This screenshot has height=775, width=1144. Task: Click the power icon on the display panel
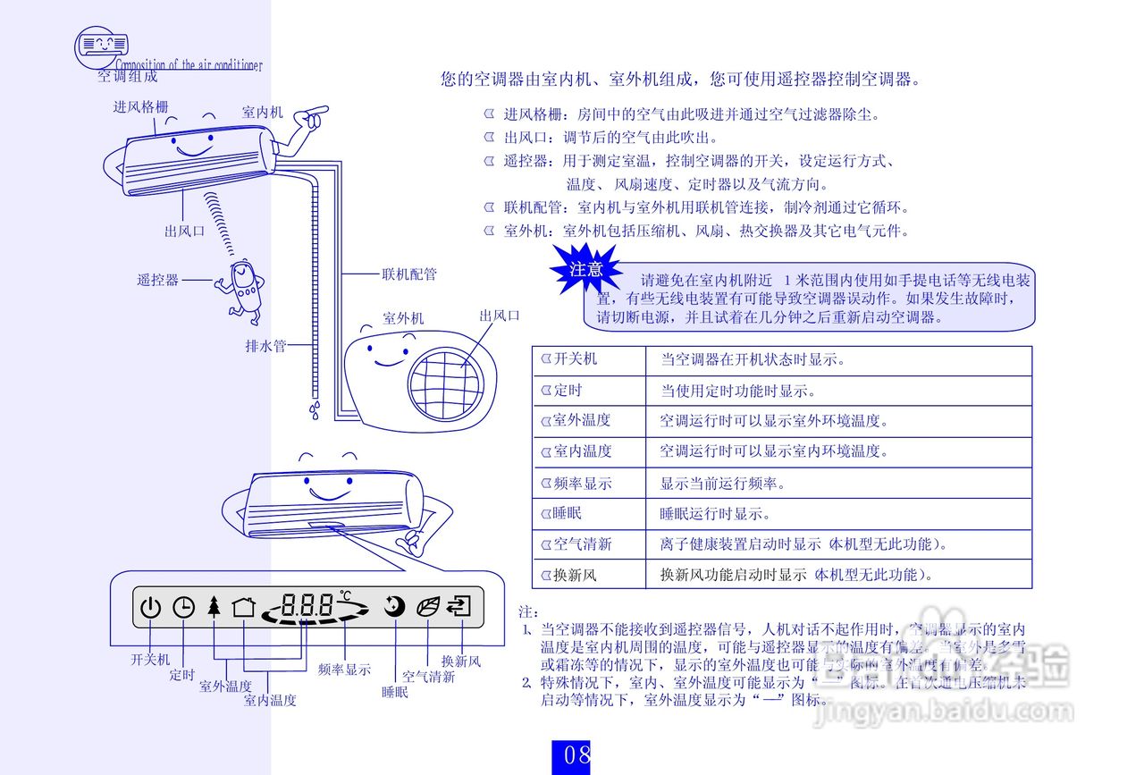click(x=150, y=608)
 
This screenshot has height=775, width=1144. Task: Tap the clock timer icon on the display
click(x=183, y=608)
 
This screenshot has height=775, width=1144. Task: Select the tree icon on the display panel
click(x=213, y=607)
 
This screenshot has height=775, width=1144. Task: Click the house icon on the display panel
click(x=243, y=607)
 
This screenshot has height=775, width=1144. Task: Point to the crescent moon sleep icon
click(x=394, y=607)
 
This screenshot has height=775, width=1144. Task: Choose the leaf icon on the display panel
click(x=428, y=607)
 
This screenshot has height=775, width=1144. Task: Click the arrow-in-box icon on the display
click(x=459, y=607)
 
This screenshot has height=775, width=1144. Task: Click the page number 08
click(x=576, y=755)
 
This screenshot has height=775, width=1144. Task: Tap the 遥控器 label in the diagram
click(x=158, y=281)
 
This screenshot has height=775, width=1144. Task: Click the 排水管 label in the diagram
click(x=265, y=346)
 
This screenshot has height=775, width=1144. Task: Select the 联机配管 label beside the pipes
click(x=409, y=274)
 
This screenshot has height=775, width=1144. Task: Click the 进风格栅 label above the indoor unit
click(x=140, y=107)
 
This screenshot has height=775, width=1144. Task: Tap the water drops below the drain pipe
click(x=315, y=410)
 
